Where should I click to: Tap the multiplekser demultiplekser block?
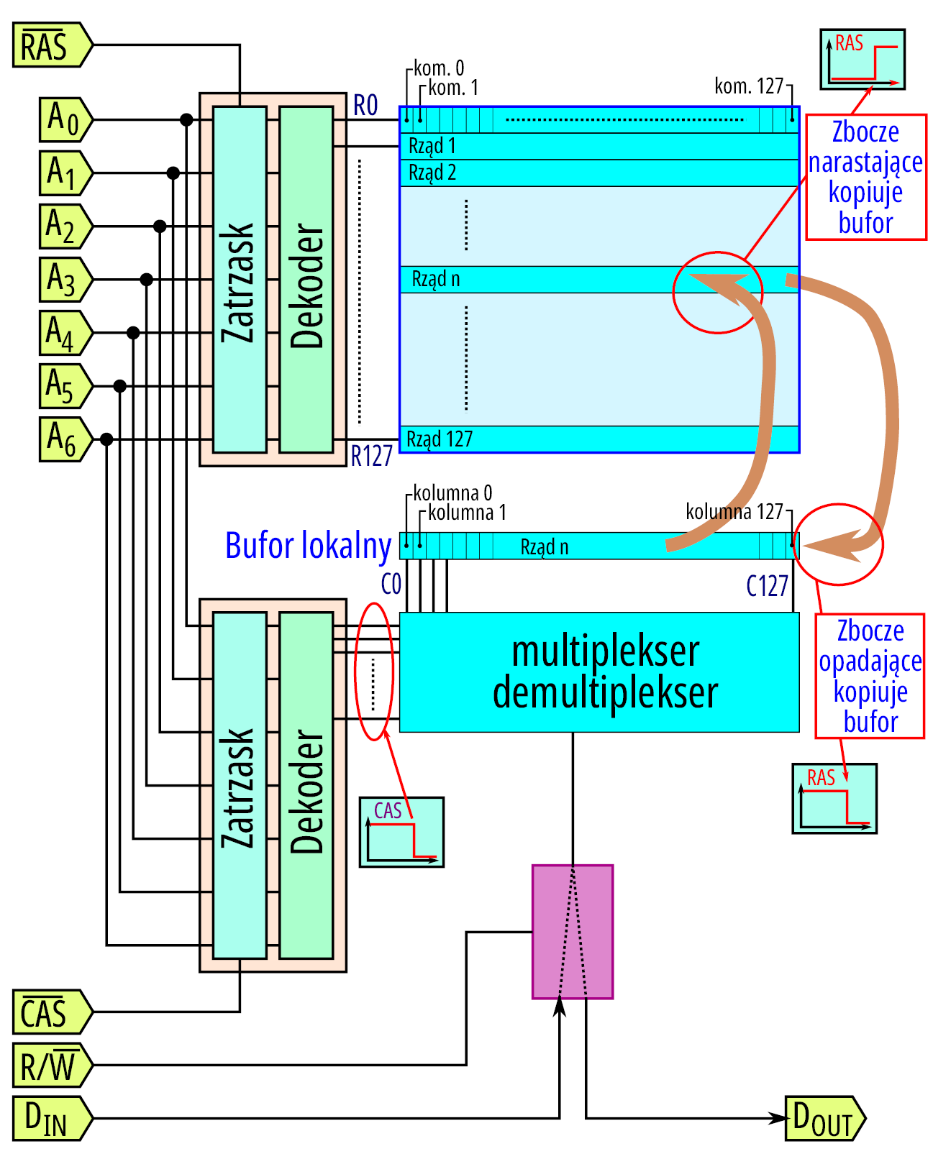click(x=599, y=672)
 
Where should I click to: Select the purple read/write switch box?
click(x=573, y=932)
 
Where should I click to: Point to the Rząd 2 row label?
click(x=432, y=173)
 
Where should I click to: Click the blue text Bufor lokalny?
click(x=308, y=545)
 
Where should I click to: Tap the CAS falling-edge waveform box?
click(x=401, y=832)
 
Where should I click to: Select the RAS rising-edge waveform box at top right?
click(x=863, y=59)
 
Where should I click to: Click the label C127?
click(x=767, y=587)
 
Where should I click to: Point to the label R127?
click(x=371, y=456)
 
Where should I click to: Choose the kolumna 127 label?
click(x=734, y=512)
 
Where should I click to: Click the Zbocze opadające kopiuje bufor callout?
click(x=870, y=676)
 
